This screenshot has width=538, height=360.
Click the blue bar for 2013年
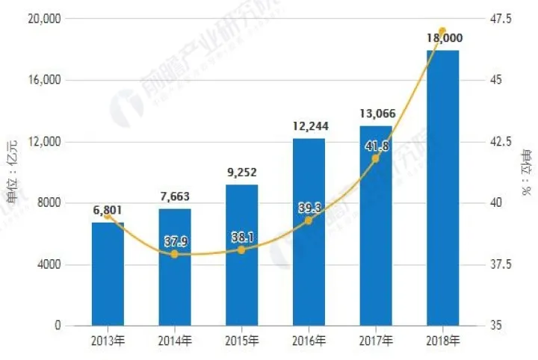click(x=108, y=274)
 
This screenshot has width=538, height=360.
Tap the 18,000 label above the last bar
click(x=442, y=37)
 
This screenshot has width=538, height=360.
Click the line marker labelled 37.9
click(x=175, y=255)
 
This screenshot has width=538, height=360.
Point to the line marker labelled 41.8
click(x=375, y=158)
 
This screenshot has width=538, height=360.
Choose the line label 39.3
click(x=309, y=208)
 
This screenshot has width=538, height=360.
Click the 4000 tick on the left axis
click(x=52, y=264)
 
